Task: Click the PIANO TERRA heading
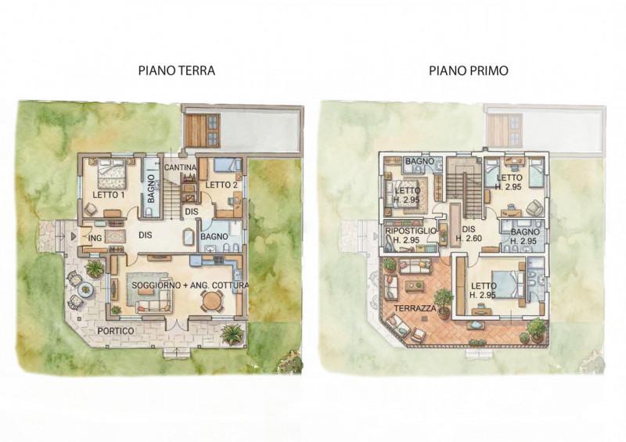click(x=177, y=70)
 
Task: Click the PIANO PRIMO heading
click(x=468, y=70)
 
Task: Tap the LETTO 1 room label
click(x=109, y=195)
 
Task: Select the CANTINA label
click(x=180, y=167)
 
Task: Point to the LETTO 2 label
click(x=221, y=185)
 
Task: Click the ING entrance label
click(x=95, y=238)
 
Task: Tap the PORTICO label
click(x=116, y=331)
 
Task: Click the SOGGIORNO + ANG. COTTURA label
click(x=190, y=286)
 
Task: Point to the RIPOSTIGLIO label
click(x=411, y=232)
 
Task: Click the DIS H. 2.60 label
click(x=469, y=234)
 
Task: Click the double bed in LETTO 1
click(x=112, y=174)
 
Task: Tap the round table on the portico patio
click(x=85, y=289)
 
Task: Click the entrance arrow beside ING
click(x=73, y=237)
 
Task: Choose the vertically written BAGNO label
click(x=151, y=189)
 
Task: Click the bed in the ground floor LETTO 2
click(x=227, y=165)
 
